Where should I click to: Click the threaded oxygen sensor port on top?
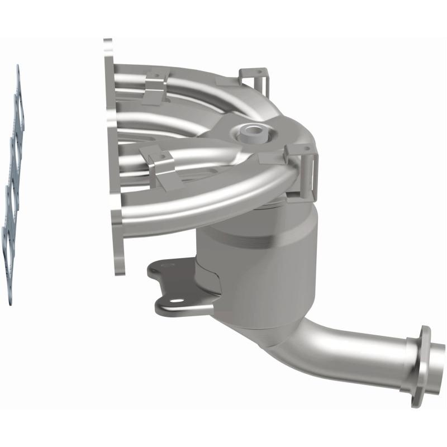point(250,132)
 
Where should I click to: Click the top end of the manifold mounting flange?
point(108,50)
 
